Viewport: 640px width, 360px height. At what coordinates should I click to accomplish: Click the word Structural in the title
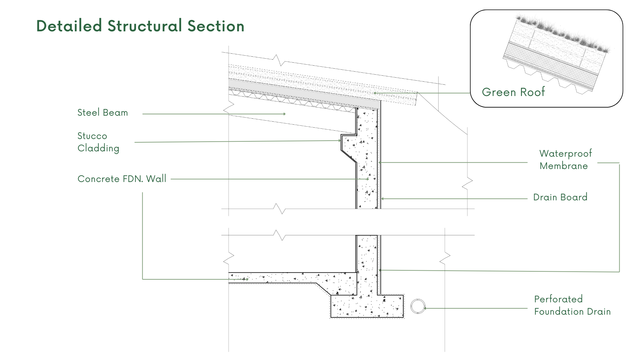pyautogui.click(x=145, y=26)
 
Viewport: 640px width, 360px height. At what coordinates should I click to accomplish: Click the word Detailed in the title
pyautogui.click(x=69, y=26)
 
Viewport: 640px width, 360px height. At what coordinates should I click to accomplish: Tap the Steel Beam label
pyautogui.click(x=103, y=113)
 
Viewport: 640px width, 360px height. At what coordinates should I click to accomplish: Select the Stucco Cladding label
pyautogui.click(x=98, y=142)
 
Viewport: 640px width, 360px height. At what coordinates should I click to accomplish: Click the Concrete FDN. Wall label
pyautogui.click(x=122, y=179)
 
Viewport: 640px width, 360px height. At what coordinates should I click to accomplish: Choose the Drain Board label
pyautogui.click(x=560, y=197)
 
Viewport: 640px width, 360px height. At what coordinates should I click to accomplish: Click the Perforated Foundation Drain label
pyautogui.click(x=572, y=305)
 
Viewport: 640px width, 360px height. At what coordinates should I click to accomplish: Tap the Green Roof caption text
pyautogui.click(x=513, y=92)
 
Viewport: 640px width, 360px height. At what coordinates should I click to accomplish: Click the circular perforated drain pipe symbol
pyautogui.click(x=418, y=307)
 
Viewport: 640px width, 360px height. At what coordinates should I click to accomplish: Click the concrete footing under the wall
pyautogui.click(x=367, y=307)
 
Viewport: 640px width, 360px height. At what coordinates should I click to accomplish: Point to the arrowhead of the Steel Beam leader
pyautogui.click(x=284, y=114)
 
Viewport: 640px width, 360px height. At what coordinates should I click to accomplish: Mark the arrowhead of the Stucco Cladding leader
pyautogui.click(x=339, y=141)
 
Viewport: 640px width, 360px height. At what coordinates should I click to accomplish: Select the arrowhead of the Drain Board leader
pyautogui.click(x=383, y=199)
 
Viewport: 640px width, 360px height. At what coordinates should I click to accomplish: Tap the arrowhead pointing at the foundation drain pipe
pyautogui.click(x=425, y=308)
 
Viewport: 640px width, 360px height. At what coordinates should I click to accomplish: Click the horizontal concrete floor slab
pyautogui.click(x=283, y=278)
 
